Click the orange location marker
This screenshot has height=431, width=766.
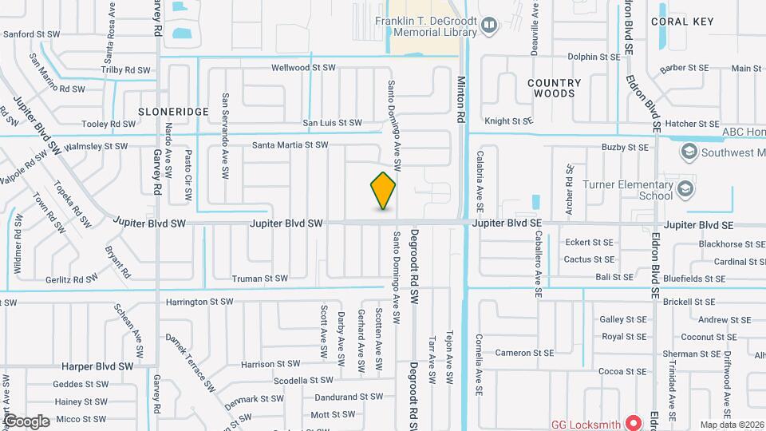[x=384, y=190]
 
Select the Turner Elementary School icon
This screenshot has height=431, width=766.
[x=685, y=189]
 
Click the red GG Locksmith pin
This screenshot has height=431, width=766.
[x=634, y=421]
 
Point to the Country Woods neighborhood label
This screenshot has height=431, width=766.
[x=554, y=88]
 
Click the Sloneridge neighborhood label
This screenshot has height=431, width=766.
[x=173, y=111]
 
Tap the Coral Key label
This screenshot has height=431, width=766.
[x=681, y=22]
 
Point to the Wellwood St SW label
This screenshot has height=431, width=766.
[x=303, y=68]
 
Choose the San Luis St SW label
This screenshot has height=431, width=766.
[x=331, y=123]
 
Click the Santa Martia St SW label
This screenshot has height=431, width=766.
[x=290, y=145]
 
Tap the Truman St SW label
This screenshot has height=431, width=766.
[x=259, y=279]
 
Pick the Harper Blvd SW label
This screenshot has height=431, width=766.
[x=97, y=366]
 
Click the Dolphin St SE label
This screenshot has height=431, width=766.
[x=594, y=57]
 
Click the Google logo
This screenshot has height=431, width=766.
[x=26, y=421]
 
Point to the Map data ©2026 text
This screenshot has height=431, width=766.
[x=731, y=425]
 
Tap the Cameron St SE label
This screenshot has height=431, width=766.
[x=524, y=353]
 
